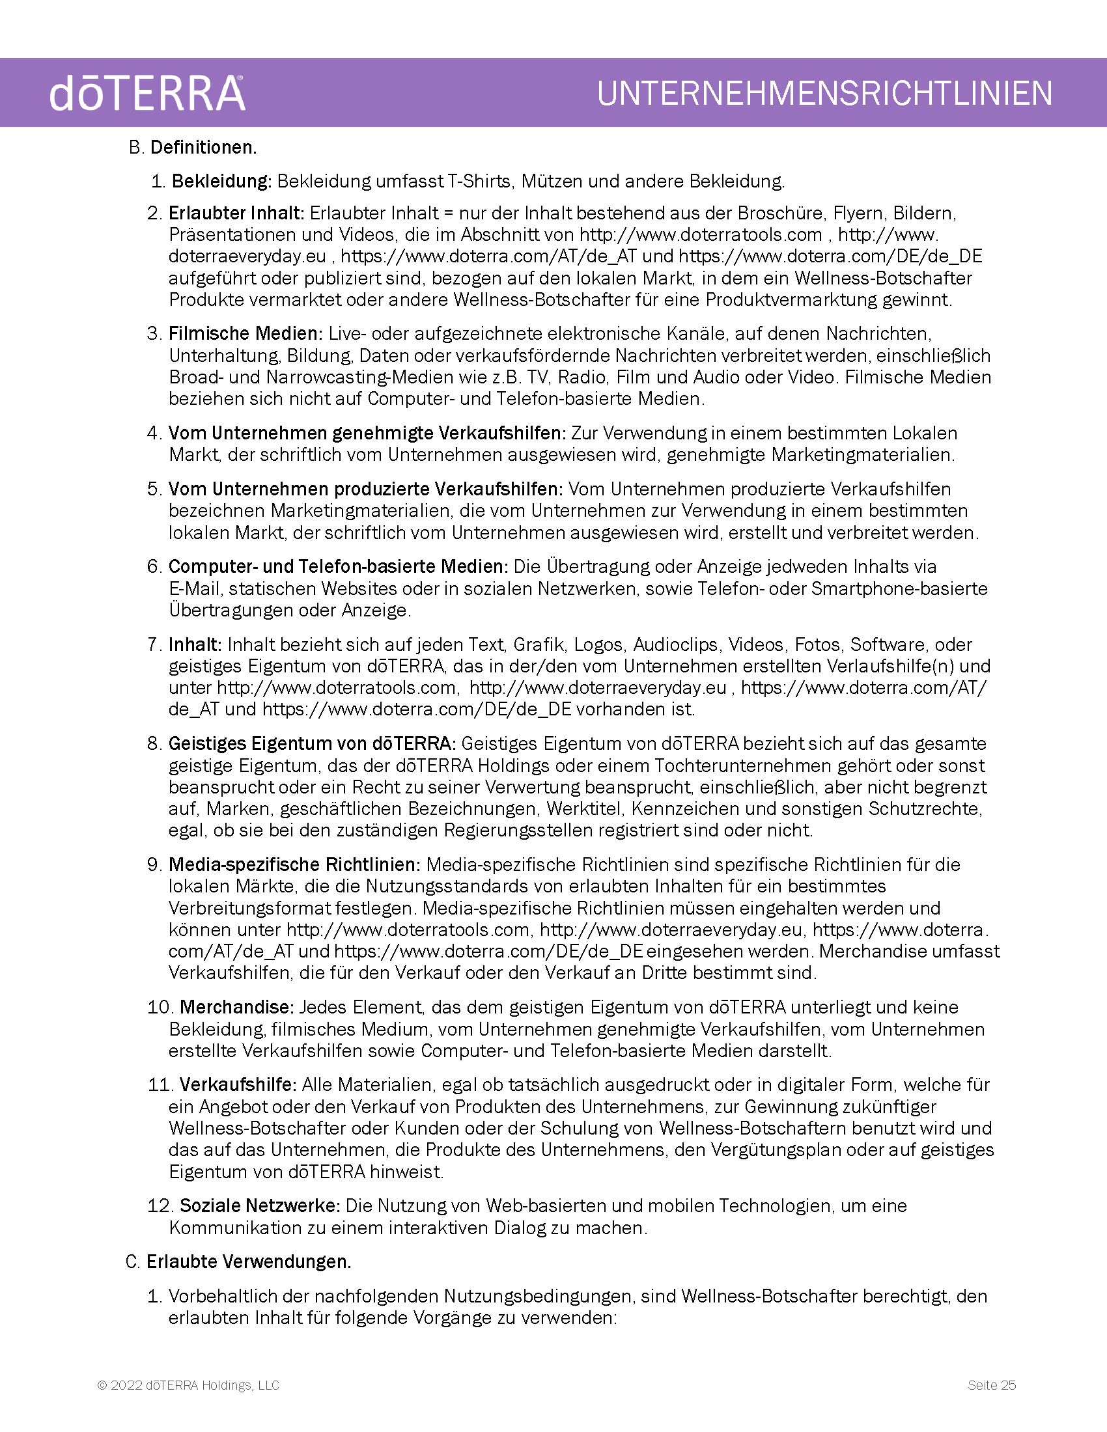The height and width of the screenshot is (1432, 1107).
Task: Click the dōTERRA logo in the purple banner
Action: pyautogui.click(x=147, y=93)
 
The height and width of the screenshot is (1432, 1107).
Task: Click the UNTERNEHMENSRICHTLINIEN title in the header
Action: pyautogui.click(x=824, y=93)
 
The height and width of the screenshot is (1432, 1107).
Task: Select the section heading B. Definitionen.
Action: pyautogui.click(x=193, y=148)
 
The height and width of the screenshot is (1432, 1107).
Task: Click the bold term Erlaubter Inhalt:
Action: pyautogui.click(x=236, y=213)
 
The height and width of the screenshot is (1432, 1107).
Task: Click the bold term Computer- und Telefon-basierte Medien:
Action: pyautogui.click(x=339, y=566)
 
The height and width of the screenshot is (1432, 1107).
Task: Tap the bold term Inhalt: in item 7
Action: pyautogui.click(x=195, y=644)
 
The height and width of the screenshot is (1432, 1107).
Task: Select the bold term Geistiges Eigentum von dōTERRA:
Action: pyautogui.click(x=312, y=743)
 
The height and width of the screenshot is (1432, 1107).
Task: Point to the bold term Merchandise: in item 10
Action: pyautogui.click(x=238, y=1007)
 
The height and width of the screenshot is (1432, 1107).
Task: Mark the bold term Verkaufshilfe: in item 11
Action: pyautogui.click(x=239, y=1084)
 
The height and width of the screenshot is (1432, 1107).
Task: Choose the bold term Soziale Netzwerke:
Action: pyautogui.click(x=260, y=1205)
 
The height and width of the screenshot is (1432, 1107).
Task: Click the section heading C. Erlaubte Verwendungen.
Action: pyautogui.click(x=239, y=1261)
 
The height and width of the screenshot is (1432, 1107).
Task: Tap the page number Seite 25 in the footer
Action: pyautogui.click(x=992, y=1385)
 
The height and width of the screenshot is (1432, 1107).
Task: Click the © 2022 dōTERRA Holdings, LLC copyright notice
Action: pyautogui.click(x=189, y=1385)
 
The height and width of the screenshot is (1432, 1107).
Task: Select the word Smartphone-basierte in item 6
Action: pyautogui.click(x=899, y=589)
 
